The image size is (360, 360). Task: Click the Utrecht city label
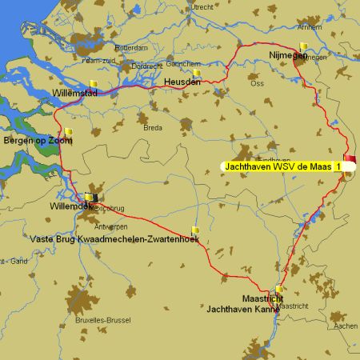tap(202, 7)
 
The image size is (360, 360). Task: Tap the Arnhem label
tap(310, 27)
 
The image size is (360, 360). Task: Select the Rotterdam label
tap(131, 48)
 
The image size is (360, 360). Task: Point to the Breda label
tap(152, 127)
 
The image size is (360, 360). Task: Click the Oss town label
tap(257, 83)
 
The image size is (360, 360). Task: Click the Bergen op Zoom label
tap(38, 141)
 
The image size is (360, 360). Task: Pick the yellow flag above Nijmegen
tap(303, 46)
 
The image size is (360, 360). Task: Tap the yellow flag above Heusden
tap(197, 73)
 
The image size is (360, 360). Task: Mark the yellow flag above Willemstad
tap(94, 83)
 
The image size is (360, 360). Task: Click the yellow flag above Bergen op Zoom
tap(70, 132)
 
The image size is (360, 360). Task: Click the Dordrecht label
tap(146, 66)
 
